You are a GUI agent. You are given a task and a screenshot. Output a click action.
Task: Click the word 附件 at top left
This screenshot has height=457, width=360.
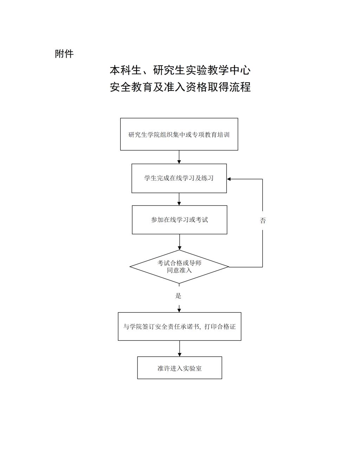64,54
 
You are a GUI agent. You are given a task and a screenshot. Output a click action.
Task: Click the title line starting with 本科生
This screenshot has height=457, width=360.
180,70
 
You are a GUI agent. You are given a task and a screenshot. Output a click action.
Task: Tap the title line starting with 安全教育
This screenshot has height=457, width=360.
180,87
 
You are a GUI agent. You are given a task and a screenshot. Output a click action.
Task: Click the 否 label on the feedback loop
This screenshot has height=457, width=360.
263,221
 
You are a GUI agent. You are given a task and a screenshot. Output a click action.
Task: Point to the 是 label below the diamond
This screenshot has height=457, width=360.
178,295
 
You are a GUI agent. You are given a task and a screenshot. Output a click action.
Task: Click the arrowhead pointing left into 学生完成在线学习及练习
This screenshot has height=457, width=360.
229,179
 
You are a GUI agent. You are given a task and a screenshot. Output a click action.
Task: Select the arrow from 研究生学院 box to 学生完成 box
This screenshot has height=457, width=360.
179,157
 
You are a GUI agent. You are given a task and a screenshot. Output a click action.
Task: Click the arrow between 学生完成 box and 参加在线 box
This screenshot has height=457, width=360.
179,199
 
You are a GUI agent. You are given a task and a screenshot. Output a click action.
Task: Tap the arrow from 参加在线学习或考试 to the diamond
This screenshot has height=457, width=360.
179,242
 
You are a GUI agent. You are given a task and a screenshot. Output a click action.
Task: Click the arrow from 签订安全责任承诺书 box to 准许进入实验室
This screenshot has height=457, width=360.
179,349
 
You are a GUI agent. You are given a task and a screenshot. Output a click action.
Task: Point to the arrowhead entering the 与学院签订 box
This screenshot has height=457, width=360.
179,310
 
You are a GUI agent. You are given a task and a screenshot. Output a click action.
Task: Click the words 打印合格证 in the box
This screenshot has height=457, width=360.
220,327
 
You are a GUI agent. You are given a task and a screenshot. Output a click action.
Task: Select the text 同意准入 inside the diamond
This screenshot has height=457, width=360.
179,270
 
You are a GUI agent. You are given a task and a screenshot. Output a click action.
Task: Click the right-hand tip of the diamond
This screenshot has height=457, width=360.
229,267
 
